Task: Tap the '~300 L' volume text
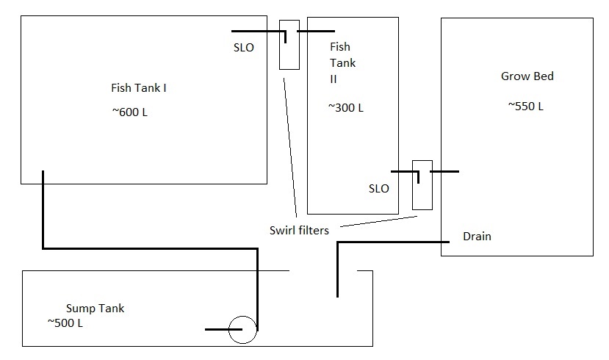(x=345, y=107)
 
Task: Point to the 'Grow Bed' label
(x=527, y=76)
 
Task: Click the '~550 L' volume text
(x=525, y=106)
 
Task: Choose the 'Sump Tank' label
(x=95, y=308)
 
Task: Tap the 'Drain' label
(x=477, y=237)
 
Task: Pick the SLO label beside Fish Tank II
(x=378, y=188)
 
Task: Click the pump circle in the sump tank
(x=242, y=330)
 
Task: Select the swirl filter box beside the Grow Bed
(x=422, y=184)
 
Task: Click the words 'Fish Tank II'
(x=343, y=63)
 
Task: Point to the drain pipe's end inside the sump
(x=337, y=294)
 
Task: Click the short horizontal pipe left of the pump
(x=217, y=329)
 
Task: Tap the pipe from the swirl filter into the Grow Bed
(x=445, y=171)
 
